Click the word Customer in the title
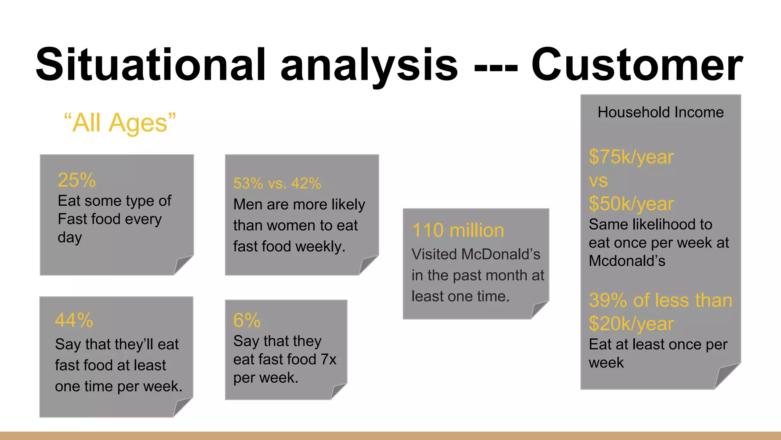click(637, 65)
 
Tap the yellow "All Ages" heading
click(120, 123)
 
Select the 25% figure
click(77, 180)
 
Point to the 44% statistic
click(74, 320)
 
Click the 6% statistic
click(247, 320)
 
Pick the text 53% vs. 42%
click(277, 183)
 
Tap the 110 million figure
click(458, 230)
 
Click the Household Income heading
click(660, 112)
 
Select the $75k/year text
click(631, 157)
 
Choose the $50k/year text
click(631, 204)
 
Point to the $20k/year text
click(631, 324)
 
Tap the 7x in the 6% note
click(328, 359)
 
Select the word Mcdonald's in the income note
click(627, 261)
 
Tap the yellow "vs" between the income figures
click(598, 181)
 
